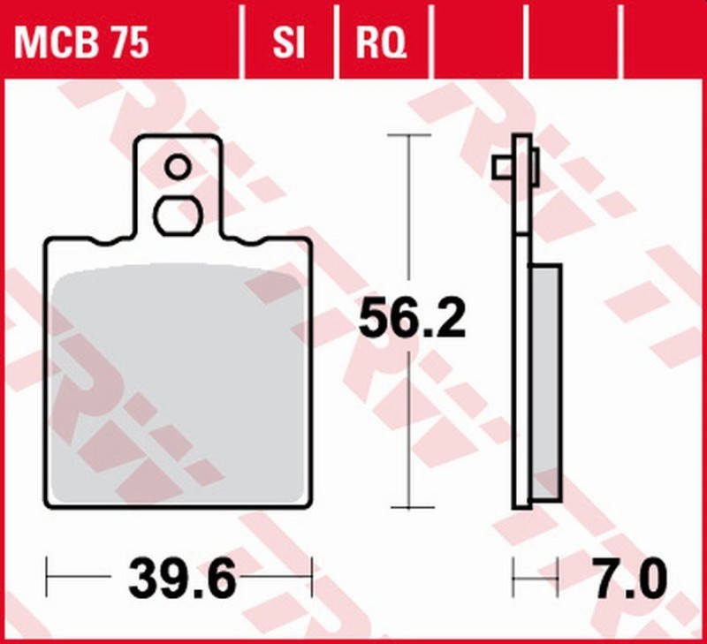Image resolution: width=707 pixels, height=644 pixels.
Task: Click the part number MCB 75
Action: click(80, 42)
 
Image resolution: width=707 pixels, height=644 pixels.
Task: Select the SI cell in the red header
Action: click(288, 42)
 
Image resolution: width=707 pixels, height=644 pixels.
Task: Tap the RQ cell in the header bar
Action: click(381, 42)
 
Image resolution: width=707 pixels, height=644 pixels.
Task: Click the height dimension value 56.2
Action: click(412, 319)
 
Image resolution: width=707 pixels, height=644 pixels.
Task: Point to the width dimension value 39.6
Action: click(182, 580)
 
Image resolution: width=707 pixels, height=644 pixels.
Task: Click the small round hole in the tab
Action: click(177, 166)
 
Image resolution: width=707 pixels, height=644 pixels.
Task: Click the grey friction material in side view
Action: click(545, 380)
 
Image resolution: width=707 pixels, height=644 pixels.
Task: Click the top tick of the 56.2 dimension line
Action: click(408, 135)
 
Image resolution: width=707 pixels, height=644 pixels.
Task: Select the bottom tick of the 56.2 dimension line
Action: click(408, 508)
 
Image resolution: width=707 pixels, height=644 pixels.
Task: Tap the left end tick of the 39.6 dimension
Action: click(46, 577)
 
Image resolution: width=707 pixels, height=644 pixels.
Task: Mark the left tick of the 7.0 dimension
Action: click(513, 577)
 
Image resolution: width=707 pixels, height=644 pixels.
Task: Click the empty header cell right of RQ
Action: click(477, 42)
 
